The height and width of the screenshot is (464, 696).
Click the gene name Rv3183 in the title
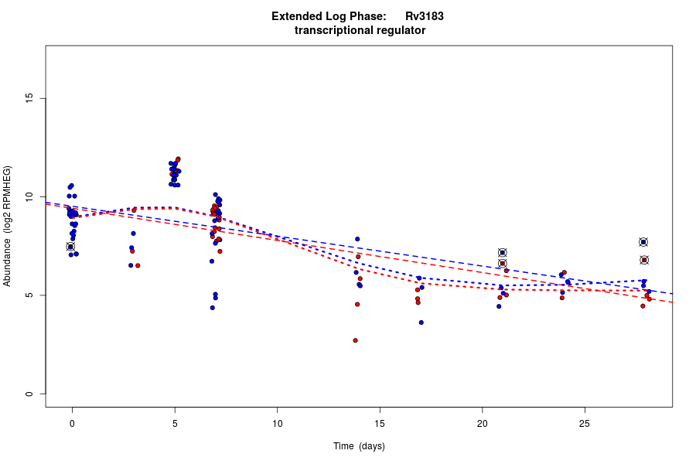(x=424, y=16)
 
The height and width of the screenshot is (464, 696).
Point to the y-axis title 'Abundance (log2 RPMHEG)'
(x=8, y=226)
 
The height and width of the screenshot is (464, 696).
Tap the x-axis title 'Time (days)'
(x=359, y=446)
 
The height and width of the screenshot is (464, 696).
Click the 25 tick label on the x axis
(x=585, y=423)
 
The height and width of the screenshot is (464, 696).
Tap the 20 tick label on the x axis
(x=482, y=423)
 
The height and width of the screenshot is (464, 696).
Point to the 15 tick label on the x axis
(x=380, y=423)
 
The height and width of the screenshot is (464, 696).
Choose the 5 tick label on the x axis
(x=175, y=423)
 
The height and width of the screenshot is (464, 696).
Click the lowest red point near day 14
(x=355, y=340)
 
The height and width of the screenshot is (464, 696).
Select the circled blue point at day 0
(x=70, y=247)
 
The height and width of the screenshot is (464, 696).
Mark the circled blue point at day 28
(x=643, y=242)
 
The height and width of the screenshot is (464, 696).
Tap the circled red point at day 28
(x=644, y=260)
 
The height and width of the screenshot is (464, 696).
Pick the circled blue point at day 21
(x=502, y=253)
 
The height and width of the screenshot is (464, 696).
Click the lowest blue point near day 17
(x=421, y=322)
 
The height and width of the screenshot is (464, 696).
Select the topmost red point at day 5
(x=178, y=159)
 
